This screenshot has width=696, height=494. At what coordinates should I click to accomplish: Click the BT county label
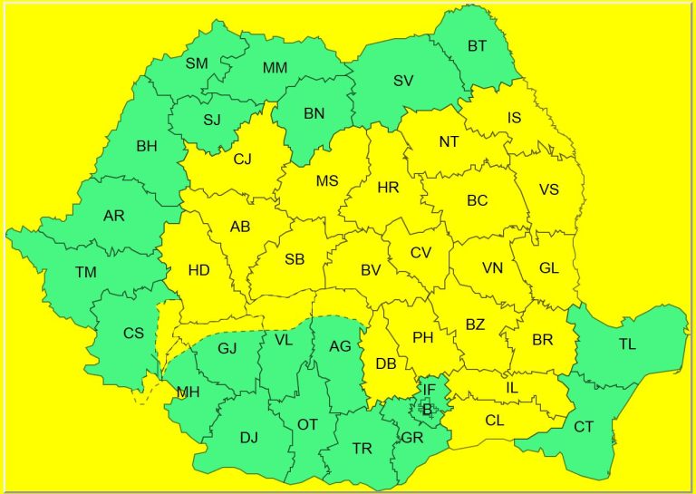coord(477,45)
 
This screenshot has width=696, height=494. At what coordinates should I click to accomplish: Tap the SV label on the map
coord(403,81)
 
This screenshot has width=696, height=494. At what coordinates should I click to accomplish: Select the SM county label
coord(196,63)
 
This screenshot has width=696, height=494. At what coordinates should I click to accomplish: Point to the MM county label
coord(275,69)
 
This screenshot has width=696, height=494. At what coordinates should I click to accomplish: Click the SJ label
coord(211,120)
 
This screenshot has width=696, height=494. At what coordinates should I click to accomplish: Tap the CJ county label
coord(242,160)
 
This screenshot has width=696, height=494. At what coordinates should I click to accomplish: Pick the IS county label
coord(514,117)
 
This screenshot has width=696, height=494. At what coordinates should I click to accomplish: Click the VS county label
coord(548,189)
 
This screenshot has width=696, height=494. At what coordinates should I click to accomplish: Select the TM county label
coord(86,272)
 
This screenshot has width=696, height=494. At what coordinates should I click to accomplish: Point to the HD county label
coord(198,270)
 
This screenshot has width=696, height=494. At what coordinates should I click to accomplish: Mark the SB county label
coord(295,259)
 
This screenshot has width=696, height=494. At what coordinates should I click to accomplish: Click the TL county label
coord(627,344)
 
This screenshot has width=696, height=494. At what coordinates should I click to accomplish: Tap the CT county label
coord(584,426)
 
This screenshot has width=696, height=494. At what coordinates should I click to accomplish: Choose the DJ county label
coord(249,438)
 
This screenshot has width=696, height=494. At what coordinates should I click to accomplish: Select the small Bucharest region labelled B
coord(426,409)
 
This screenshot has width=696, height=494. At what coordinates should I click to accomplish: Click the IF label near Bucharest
coord(430,390)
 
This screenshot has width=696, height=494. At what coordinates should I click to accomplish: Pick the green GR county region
coord(412,437)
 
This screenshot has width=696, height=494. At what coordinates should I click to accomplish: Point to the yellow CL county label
coord(494,420)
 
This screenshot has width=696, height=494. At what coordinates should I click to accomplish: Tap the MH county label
coord(188,392)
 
